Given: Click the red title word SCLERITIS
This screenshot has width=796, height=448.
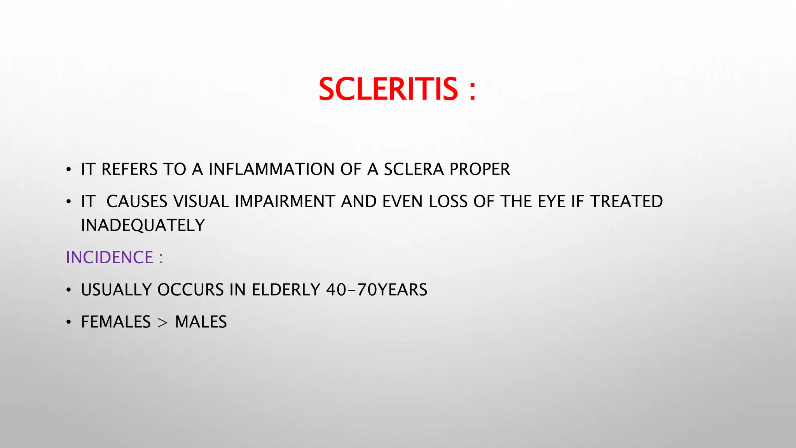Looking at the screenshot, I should [x=388, y=89].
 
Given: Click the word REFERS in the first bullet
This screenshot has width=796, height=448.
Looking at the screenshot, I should [x=129, y=170].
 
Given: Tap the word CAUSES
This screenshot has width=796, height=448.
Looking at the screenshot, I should [x=137, y=202].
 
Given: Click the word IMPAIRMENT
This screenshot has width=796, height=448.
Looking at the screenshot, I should [x=285, y=202].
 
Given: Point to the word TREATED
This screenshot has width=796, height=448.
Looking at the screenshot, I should [x=626, y=202].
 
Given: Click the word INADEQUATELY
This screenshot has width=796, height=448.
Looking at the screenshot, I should [x=143, y=226].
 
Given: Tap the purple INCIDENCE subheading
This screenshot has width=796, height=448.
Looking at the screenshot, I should [x=110, y=258].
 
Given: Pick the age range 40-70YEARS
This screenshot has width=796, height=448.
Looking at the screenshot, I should [x=377, y=290].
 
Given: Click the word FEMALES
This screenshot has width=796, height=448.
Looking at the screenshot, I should [x=115, y=322].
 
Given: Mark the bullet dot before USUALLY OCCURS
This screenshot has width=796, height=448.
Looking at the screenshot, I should [x=69, y=290].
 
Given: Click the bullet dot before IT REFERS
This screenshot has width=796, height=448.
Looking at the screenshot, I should [x=69, y=170].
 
